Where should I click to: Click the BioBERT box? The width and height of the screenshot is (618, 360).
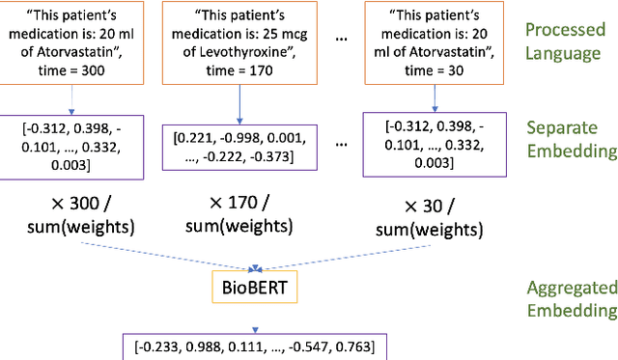(256, 288)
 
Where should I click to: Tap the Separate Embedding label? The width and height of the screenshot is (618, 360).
(570, 139)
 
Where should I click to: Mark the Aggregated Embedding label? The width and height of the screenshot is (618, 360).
(570, 298)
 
